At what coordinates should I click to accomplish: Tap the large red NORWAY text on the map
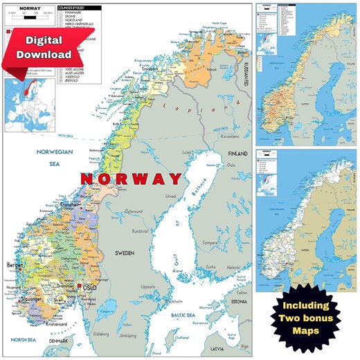[x=131, y=179]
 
